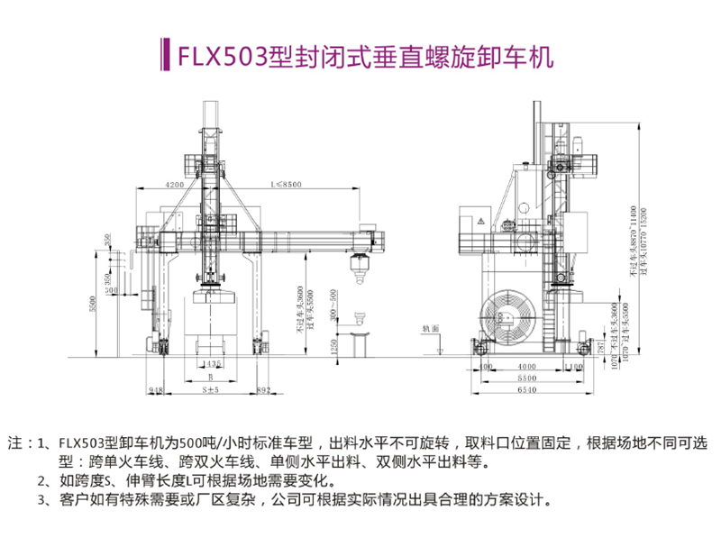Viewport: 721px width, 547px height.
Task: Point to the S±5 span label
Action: [x=210, y=391]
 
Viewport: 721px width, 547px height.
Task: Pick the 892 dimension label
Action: [x=263, y=391]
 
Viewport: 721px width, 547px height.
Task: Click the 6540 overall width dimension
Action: [x=528, y=391]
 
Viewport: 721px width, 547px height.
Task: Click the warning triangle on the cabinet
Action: [x=481, y=220]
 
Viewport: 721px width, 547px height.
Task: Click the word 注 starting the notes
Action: [x=15, y=443]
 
